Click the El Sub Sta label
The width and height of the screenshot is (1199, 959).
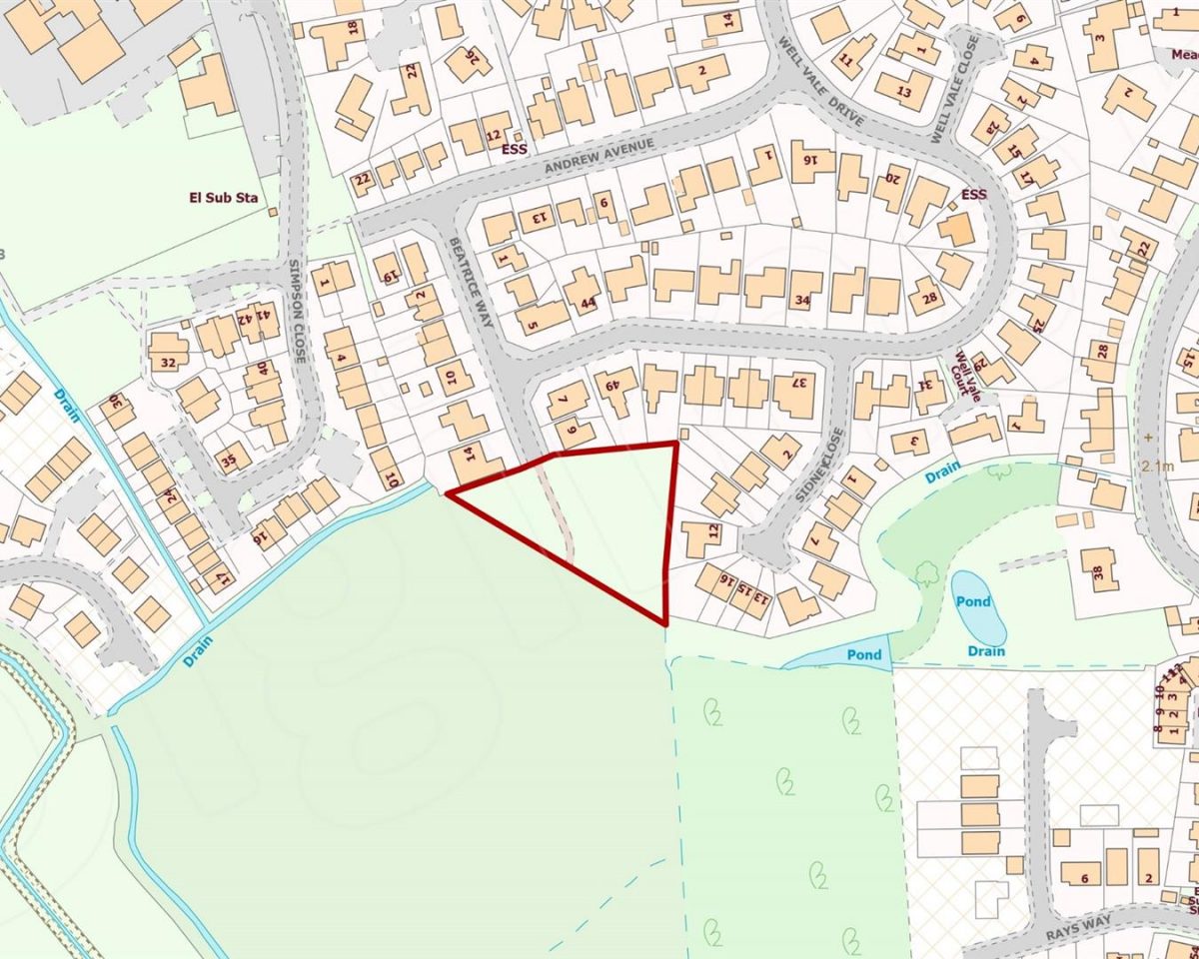coord(224,198)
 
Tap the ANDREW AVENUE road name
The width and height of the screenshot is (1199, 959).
coord(599,157)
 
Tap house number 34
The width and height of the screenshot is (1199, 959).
coord(800,300)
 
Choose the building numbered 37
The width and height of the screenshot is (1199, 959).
coord(798,382)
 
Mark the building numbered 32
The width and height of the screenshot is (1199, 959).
coord(168,363)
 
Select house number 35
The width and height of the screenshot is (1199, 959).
coord(229,462)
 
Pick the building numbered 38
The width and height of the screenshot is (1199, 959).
coord(1099,572)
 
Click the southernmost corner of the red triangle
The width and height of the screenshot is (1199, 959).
coord(664,624)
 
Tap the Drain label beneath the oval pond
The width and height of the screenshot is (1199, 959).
coord(986,651)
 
